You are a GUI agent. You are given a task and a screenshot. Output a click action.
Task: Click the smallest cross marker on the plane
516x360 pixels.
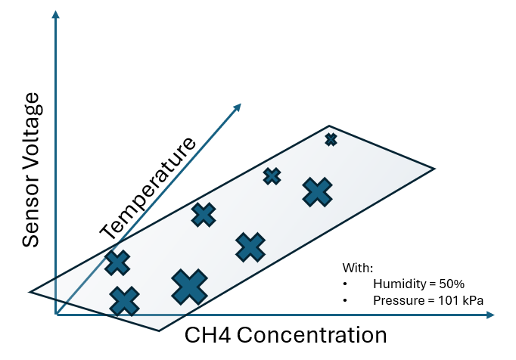pos(331,139)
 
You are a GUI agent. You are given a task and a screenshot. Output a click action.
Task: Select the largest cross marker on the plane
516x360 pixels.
pos(189,287)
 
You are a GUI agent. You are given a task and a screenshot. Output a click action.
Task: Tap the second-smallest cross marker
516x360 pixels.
pos(272,176)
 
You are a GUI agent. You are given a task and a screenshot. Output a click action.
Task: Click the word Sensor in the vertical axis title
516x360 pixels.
pos(30,213)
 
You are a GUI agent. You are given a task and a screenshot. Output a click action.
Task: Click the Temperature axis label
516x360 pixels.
pos(148,186)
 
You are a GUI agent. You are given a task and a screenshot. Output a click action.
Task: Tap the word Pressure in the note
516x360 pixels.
pos(397,300)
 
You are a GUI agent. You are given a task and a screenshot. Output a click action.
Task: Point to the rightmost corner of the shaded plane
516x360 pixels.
pos(435,168)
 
